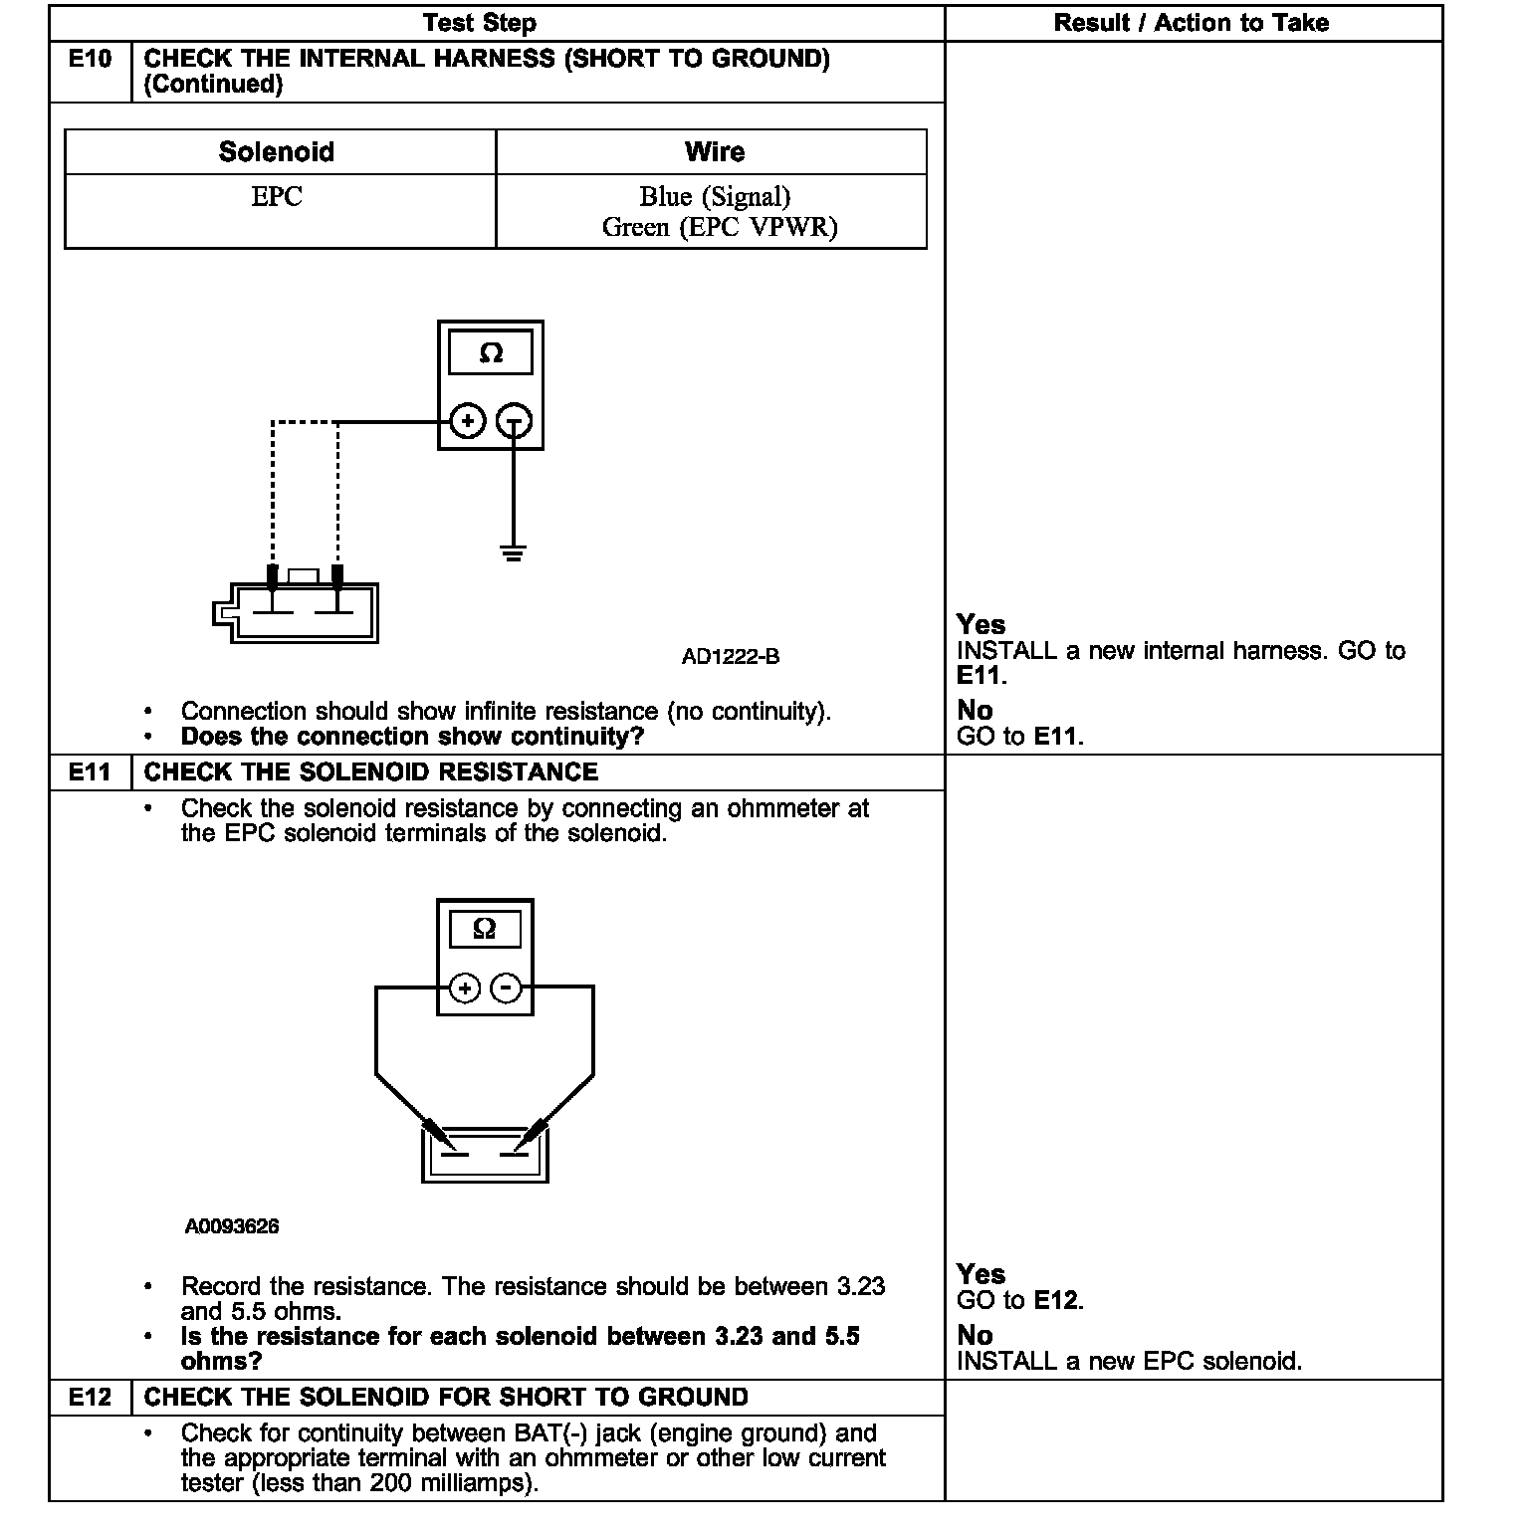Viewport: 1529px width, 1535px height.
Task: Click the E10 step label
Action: click(90, 59)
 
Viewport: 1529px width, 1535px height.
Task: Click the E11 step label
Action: click(90, 772)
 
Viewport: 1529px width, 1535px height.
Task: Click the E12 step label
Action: click(90, 1398)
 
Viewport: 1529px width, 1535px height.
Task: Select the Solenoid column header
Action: click(277, 152)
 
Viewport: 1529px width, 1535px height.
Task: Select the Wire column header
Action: click(714, 152)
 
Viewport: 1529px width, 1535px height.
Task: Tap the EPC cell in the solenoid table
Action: click(277, 197)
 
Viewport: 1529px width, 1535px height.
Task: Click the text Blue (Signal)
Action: click(715, 197)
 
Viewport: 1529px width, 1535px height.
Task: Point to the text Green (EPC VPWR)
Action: click(719, 228)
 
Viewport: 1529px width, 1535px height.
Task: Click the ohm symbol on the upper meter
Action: click(491, 353)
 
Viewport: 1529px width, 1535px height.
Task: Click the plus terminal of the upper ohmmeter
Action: click(468, 421)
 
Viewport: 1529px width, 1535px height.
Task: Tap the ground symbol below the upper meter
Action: click(513, 553)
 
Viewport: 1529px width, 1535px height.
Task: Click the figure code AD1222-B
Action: click(731, 657)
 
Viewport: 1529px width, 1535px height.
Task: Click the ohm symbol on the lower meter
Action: click(485, 929)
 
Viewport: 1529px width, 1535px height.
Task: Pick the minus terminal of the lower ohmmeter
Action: click(507, 987)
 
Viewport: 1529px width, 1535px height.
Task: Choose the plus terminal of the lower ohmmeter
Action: click(465, 987)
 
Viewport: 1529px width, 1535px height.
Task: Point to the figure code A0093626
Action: click(231, 1226)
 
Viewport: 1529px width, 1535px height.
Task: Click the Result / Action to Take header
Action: click(1192, 23)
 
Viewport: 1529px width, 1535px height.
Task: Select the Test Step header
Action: click(480, 23)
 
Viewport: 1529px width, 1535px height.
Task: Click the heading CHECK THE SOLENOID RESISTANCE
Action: click(371, 772)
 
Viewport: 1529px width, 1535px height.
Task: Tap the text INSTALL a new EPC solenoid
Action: click(1129, 1361)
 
